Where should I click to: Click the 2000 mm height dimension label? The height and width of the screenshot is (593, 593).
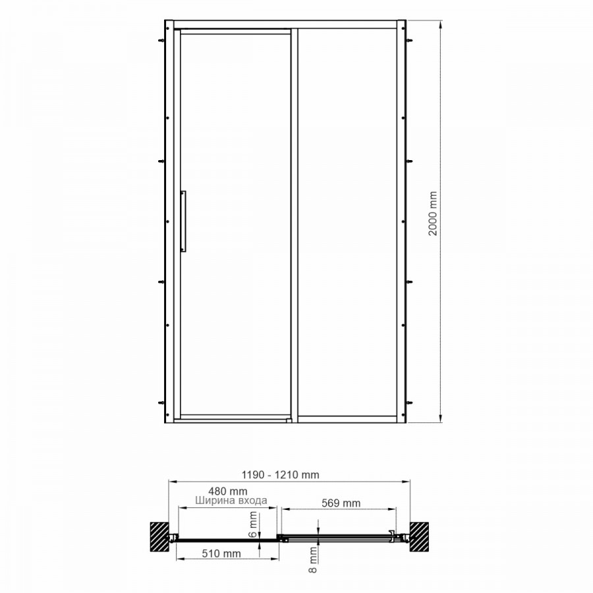point(433,213)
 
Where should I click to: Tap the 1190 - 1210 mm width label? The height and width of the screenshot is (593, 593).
point(280,474)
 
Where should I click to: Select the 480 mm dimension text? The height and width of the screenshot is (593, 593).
point(228,492)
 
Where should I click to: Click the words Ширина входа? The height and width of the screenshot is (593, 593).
point(231,500)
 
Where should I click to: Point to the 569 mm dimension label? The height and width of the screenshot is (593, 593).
point(341,503)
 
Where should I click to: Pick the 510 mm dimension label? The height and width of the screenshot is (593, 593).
point(221,553)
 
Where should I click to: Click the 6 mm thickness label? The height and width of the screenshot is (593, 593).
point(254,524)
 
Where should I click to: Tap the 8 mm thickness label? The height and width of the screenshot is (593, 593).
point(313,559)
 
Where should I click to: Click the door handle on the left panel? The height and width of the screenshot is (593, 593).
point(183,221)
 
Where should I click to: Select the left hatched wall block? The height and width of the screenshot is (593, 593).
point(159,537)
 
